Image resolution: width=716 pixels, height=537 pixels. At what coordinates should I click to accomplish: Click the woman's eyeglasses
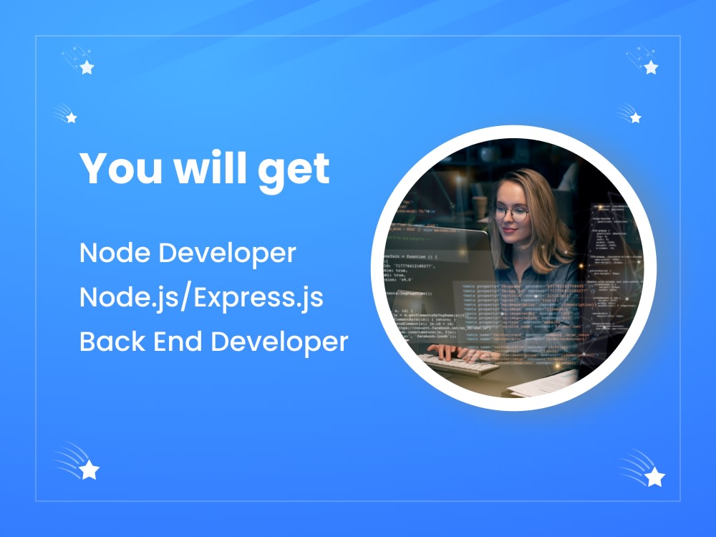click(511, 213)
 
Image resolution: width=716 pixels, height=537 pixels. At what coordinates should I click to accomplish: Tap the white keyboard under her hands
click(458, 364)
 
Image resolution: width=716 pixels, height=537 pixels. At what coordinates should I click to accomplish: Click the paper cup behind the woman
click(479, 208)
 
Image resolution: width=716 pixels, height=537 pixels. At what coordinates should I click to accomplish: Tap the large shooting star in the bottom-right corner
click(654, 475)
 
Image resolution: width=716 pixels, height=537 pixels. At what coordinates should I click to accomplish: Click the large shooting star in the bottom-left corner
click(89, 469)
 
